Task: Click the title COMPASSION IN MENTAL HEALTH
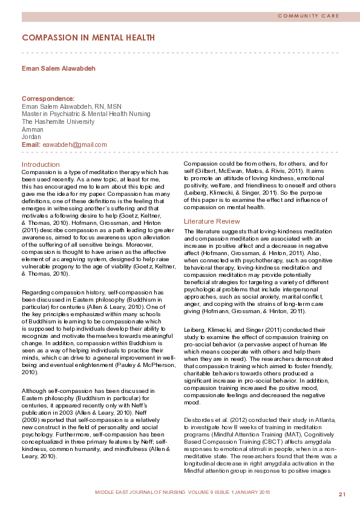88,37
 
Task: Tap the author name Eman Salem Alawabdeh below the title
59,68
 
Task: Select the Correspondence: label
48,98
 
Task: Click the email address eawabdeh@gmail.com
74,144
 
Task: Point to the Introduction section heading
41,164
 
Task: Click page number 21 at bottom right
342,494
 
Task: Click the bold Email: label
31,144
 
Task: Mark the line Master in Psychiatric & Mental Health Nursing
86,114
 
